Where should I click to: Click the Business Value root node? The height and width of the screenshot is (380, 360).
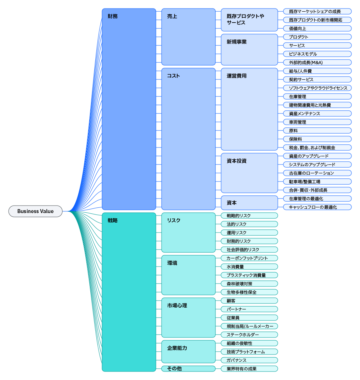click(35, 211)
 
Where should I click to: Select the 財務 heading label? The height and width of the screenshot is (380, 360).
click(113, 16)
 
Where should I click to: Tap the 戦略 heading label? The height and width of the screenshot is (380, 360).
click(113, 220)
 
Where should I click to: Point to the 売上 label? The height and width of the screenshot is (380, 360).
click(172, 16)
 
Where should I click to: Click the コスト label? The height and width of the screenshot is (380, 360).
click(174, 76)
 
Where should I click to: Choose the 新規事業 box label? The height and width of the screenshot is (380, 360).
click(236, 42)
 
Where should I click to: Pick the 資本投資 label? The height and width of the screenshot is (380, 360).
click(236, 161)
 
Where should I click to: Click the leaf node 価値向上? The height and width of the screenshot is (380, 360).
click(317, 28)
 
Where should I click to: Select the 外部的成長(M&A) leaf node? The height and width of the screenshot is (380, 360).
click(317, 62)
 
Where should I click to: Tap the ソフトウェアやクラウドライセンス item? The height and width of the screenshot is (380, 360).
click(317, 88)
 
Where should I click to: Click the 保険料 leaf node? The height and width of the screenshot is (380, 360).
click(317, 139)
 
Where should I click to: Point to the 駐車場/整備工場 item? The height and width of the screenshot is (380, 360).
click(317, 181)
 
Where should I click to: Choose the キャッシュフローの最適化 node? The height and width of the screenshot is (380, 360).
click(317, 207)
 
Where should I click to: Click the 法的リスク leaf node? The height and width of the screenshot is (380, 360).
click(249, 224)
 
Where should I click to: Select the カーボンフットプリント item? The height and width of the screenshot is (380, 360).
click(249, 258)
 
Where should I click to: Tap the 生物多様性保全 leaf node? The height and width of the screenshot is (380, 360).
click(249, 292)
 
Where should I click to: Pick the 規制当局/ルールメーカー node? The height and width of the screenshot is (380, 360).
click(249, 326)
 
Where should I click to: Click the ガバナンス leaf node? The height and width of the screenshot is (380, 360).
click(249, 360)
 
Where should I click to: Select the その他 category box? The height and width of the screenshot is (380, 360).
click(189, 369)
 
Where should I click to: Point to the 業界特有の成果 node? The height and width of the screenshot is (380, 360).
click(249, 369)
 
